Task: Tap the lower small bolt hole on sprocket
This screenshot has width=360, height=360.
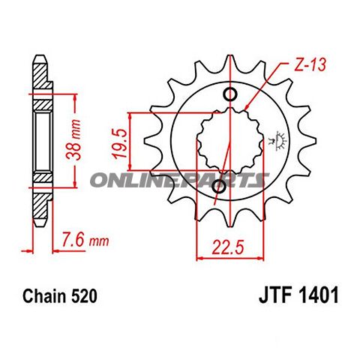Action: tap(216, 199)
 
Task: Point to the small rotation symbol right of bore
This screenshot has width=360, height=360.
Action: tap(281, 140)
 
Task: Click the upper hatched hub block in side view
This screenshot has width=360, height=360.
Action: tap(42, 100)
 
